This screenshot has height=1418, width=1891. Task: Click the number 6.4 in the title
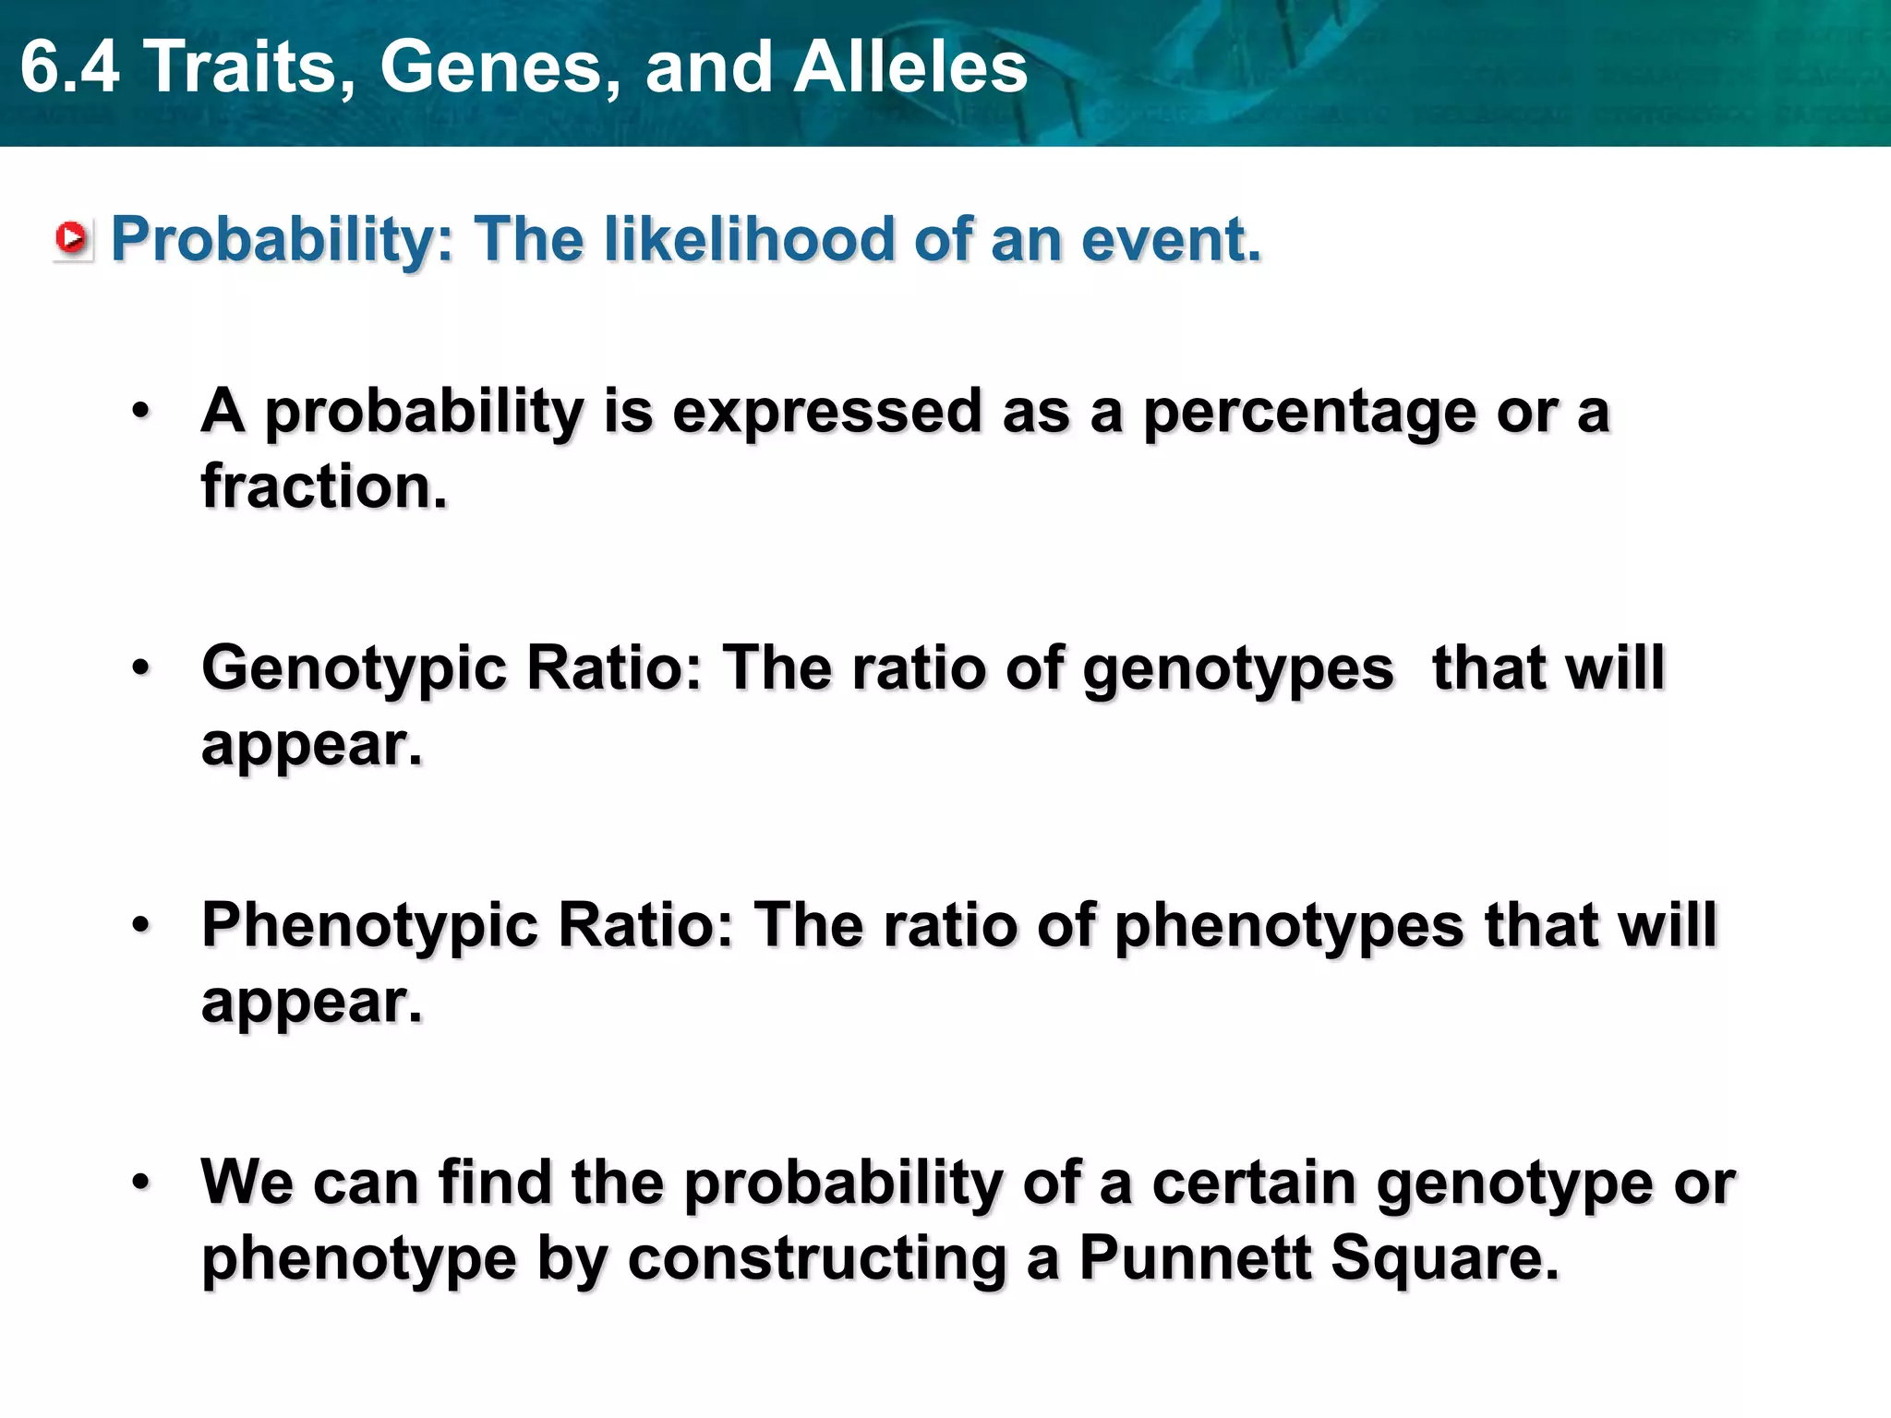pos(69,67)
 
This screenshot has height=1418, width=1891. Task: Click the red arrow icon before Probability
pos(71,239)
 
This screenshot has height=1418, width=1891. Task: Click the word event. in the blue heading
pos(1170,239)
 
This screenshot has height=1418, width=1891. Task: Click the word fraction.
pos(324,487)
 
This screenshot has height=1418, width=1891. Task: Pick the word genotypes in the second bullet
pos(1237,669)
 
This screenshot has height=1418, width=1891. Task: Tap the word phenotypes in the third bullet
pos(1289,926)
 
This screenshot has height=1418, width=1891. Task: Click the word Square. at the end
pos(1445,1257)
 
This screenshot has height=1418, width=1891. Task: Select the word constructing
pos(816,1259)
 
